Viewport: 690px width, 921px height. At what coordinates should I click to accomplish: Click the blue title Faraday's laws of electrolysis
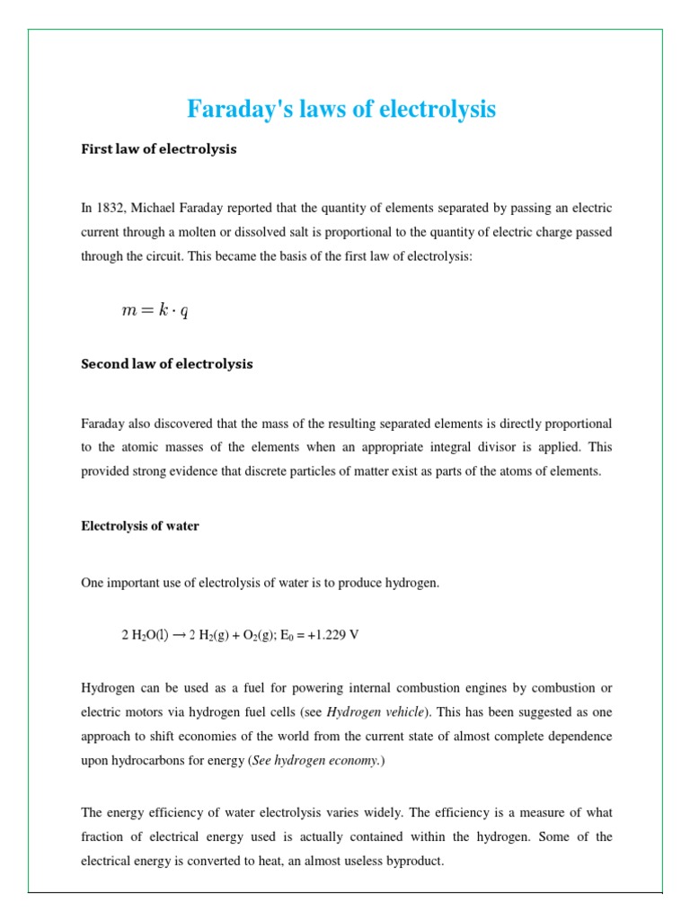click(x=341, y=110)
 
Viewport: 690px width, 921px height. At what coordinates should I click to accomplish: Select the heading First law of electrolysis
click(x=159, y=149)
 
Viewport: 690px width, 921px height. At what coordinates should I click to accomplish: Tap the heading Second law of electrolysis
click(x=167, y=364)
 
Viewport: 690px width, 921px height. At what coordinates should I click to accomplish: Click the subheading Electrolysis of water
click(x=140, y=526)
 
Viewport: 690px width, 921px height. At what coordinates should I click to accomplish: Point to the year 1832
click(x=110, y=208)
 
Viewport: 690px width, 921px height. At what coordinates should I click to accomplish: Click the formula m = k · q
click(x=155, y=311)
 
